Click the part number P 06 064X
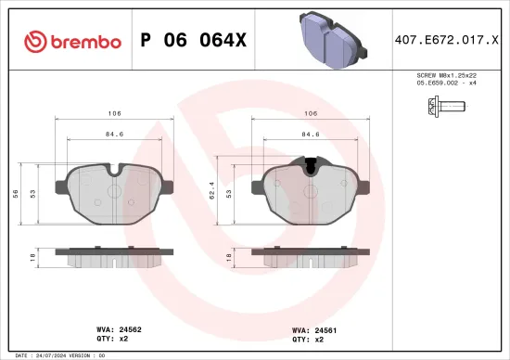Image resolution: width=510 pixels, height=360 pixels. point(192,40)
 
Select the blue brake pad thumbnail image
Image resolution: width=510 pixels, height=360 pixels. point(331,41)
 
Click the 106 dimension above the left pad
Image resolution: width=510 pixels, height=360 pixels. point(114,114)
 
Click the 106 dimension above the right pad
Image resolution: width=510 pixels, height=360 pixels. point(312,114)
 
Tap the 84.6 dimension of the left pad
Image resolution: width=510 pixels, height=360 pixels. point(115,134)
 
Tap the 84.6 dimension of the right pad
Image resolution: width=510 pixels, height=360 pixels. point(312,134)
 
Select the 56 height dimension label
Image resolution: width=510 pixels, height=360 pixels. point(17,193)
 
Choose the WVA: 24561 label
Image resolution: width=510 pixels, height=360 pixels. point(312,328)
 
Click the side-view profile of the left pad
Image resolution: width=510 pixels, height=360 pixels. point(115,255)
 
